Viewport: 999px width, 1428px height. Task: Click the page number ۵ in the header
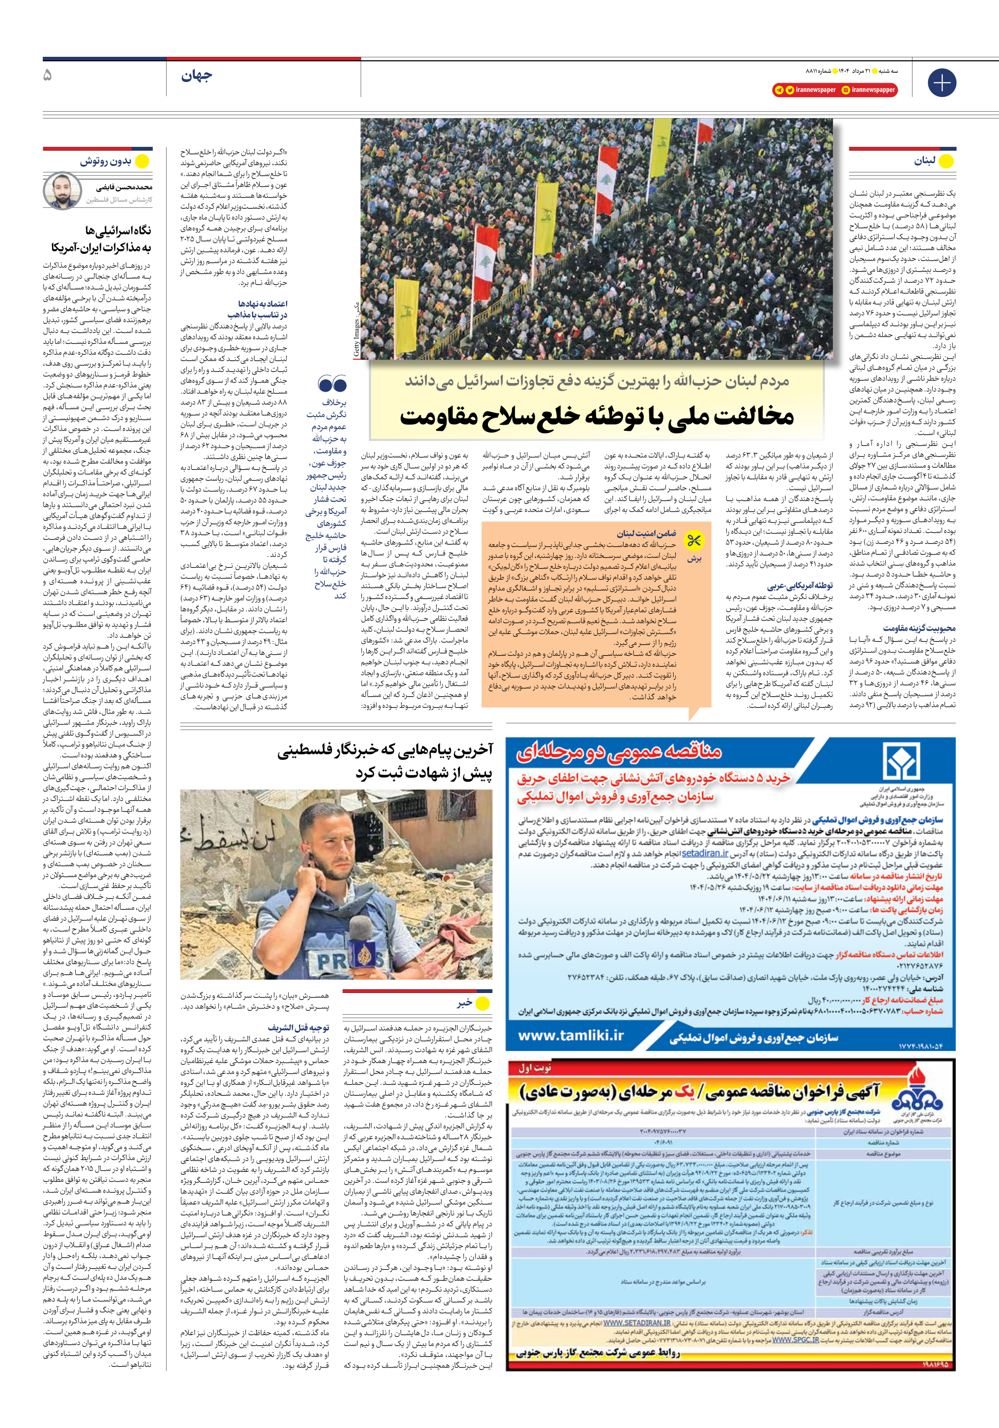tap(48, 76)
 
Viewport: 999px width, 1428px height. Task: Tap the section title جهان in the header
tap(197, 76)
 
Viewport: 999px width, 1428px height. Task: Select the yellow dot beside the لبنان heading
tap(945, 162)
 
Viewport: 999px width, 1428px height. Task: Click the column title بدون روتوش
tap(105, 162)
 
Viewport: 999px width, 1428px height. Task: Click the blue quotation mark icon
tap(332, 383)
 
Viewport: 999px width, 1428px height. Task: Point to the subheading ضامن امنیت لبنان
tap(647, 533)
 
